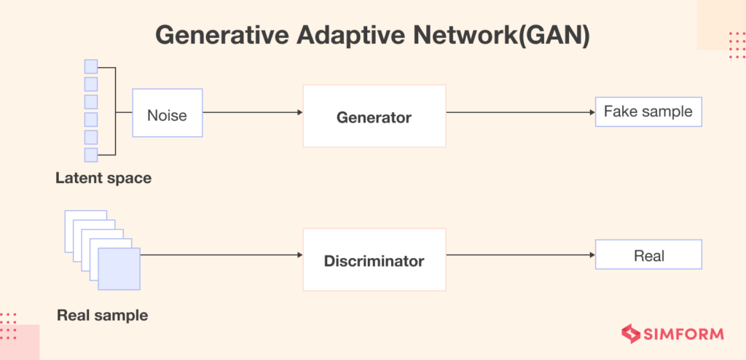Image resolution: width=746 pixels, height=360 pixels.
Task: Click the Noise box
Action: click(x=167, y=114)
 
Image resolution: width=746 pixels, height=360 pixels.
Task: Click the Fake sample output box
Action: click(x=648, y=112)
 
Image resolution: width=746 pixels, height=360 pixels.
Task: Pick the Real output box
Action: click(x=648, y=256)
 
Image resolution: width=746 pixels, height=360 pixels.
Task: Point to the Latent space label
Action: click(x=103, y=178)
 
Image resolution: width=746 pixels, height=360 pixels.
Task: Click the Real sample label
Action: click(x=102, y=316)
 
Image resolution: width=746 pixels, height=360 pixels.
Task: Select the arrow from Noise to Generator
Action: click(x=251, y=113)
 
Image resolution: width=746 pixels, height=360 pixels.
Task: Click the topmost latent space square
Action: click(x=91, y=66)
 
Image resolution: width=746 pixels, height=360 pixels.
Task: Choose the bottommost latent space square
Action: click(x=91, y=154)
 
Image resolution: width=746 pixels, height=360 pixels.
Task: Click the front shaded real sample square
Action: click(x=118, y=268)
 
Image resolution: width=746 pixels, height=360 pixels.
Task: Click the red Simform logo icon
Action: click(x=630, y=334)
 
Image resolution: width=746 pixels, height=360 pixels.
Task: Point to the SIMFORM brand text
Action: click(x=683, y=334)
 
